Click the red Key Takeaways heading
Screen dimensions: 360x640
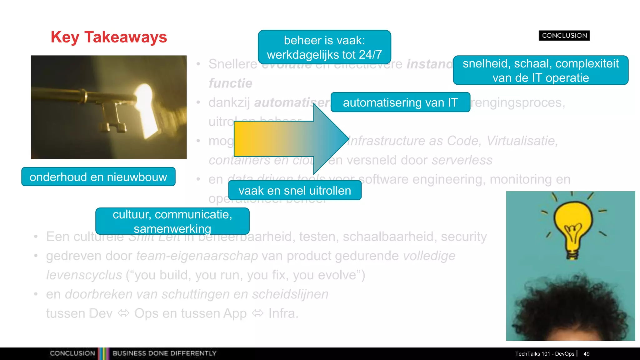click(109, 37)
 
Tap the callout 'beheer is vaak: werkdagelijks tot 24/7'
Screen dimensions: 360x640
click(324, 47)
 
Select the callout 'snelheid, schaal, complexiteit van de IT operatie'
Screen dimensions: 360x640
click(540, 70)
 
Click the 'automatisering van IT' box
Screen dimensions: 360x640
click(400, 102)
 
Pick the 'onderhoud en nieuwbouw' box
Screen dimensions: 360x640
click(98, 177)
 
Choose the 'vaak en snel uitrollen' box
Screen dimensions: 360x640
click(295, 191)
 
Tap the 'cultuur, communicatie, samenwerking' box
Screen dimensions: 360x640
click(172, 221)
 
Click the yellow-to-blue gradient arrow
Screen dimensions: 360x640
click(291, 139)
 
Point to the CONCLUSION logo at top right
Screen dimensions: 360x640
click(564, 36)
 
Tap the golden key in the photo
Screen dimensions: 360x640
click(94, 103)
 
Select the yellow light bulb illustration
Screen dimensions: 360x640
click(573, 228)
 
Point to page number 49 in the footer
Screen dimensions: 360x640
click(586, 354)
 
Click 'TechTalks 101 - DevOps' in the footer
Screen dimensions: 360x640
click(544, 354)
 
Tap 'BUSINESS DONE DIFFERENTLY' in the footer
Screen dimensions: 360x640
click(164, 353)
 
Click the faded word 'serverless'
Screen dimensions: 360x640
click(462, 160)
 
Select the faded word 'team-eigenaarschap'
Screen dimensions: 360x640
click(197, 256)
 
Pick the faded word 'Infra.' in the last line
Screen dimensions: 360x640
click(283, 313)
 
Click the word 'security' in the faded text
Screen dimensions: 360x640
click(464, 237)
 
